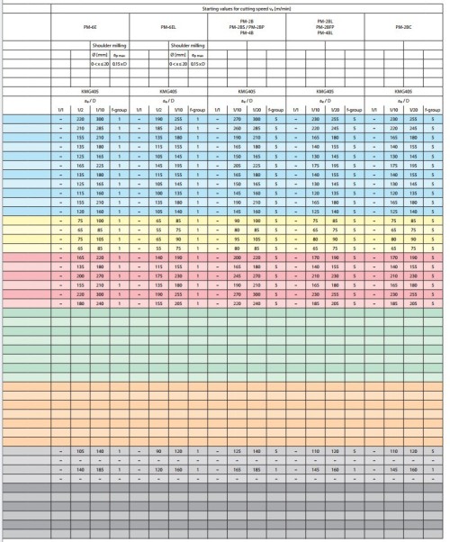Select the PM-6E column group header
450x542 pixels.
click(90, 28)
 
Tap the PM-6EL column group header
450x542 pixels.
click(168, 28)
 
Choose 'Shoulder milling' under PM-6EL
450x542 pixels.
click(188, 43)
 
